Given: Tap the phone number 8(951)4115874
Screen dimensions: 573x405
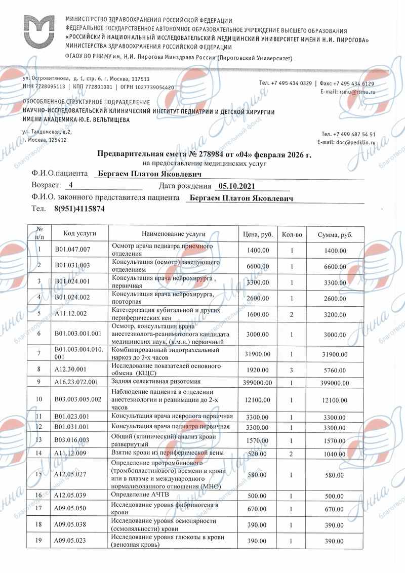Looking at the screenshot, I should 76,209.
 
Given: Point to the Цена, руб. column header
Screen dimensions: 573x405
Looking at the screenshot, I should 258,234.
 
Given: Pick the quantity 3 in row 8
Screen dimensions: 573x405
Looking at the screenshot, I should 292,370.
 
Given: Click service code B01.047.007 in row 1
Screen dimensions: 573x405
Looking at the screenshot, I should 72,250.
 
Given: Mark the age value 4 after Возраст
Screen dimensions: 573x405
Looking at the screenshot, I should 71,186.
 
